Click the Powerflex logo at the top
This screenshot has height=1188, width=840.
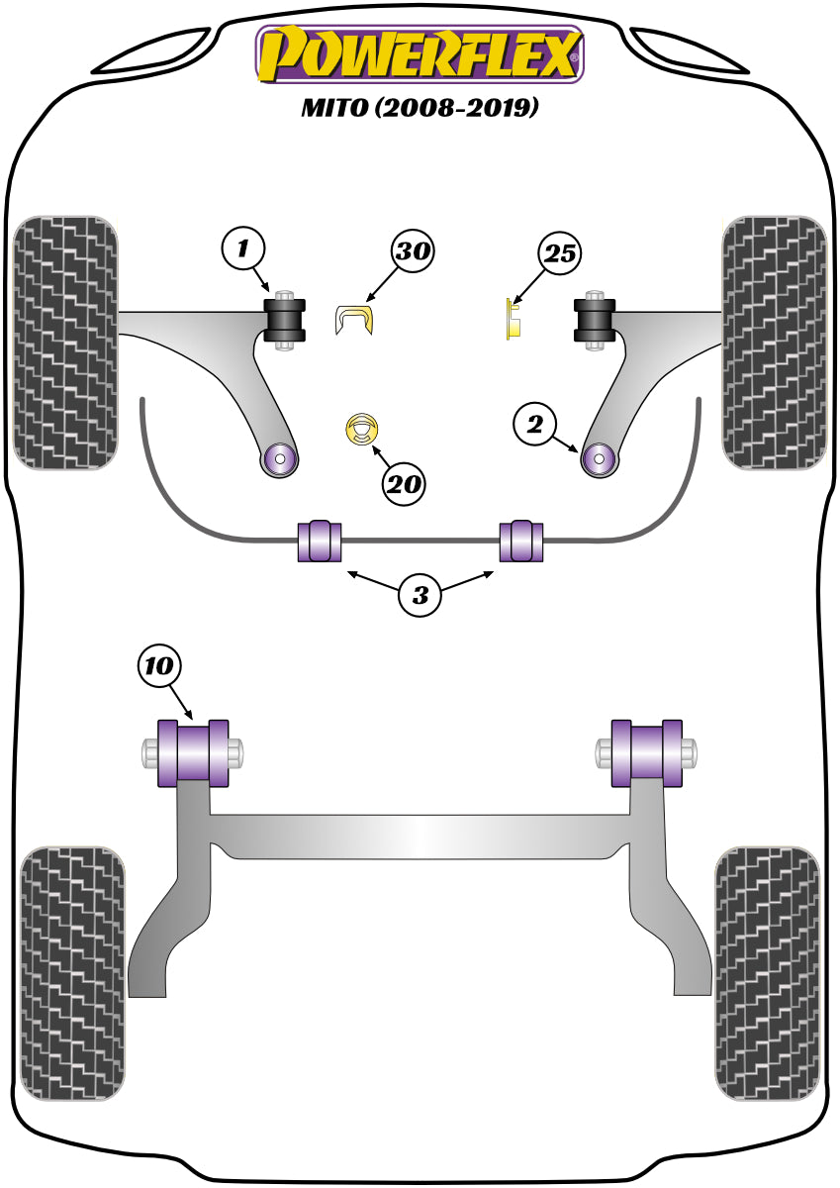(420, 53)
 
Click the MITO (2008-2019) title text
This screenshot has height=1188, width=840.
(420, 107)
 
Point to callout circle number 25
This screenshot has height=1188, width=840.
(559, 254)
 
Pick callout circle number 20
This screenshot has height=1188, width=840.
(405, 484)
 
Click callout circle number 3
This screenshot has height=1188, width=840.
(420, 596)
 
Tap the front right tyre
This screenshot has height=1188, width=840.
(775, 342)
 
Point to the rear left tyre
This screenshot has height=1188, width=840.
(73, 972)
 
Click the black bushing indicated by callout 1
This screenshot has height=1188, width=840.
(286, 318)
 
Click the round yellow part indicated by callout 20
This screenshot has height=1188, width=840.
(363, 429)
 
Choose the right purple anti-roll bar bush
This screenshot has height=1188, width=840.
(520, 540)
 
